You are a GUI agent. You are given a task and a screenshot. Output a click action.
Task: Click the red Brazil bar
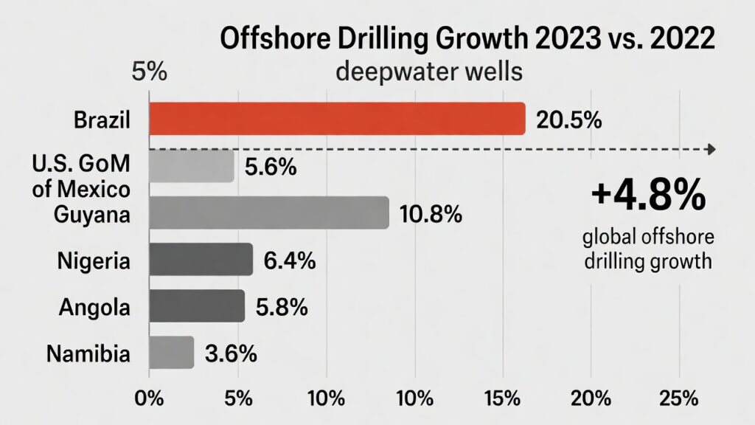(x=337, y=119)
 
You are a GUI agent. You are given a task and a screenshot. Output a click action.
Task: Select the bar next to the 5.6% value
(x=192, y=166)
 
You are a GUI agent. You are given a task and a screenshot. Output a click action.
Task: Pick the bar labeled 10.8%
(x=269, y=212)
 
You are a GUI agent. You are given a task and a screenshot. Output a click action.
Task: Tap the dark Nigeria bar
(x=201, y=260)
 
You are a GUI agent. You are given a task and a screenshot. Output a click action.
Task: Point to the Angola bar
(x=197, y=306)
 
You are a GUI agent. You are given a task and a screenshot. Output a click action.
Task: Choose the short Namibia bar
(x=172, y=353)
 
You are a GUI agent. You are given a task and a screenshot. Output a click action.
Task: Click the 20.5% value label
(x=568, y=120)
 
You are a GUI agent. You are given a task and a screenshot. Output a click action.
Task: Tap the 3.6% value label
(x=231, y=353)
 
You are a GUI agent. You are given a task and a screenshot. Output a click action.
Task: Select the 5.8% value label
(x=281, y=307)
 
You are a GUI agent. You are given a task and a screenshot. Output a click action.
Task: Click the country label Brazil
(x=102, y=120)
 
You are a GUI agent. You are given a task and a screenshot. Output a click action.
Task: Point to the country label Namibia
(x=88, y=353)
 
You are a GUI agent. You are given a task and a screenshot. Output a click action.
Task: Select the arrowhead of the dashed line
(x=711, y=150)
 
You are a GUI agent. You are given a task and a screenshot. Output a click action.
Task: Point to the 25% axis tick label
(x=678, y=398)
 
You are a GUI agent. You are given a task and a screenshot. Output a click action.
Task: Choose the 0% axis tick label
(x=150, y=398)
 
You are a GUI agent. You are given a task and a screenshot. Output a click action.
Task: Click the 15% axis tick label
(x=504, y=398)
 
